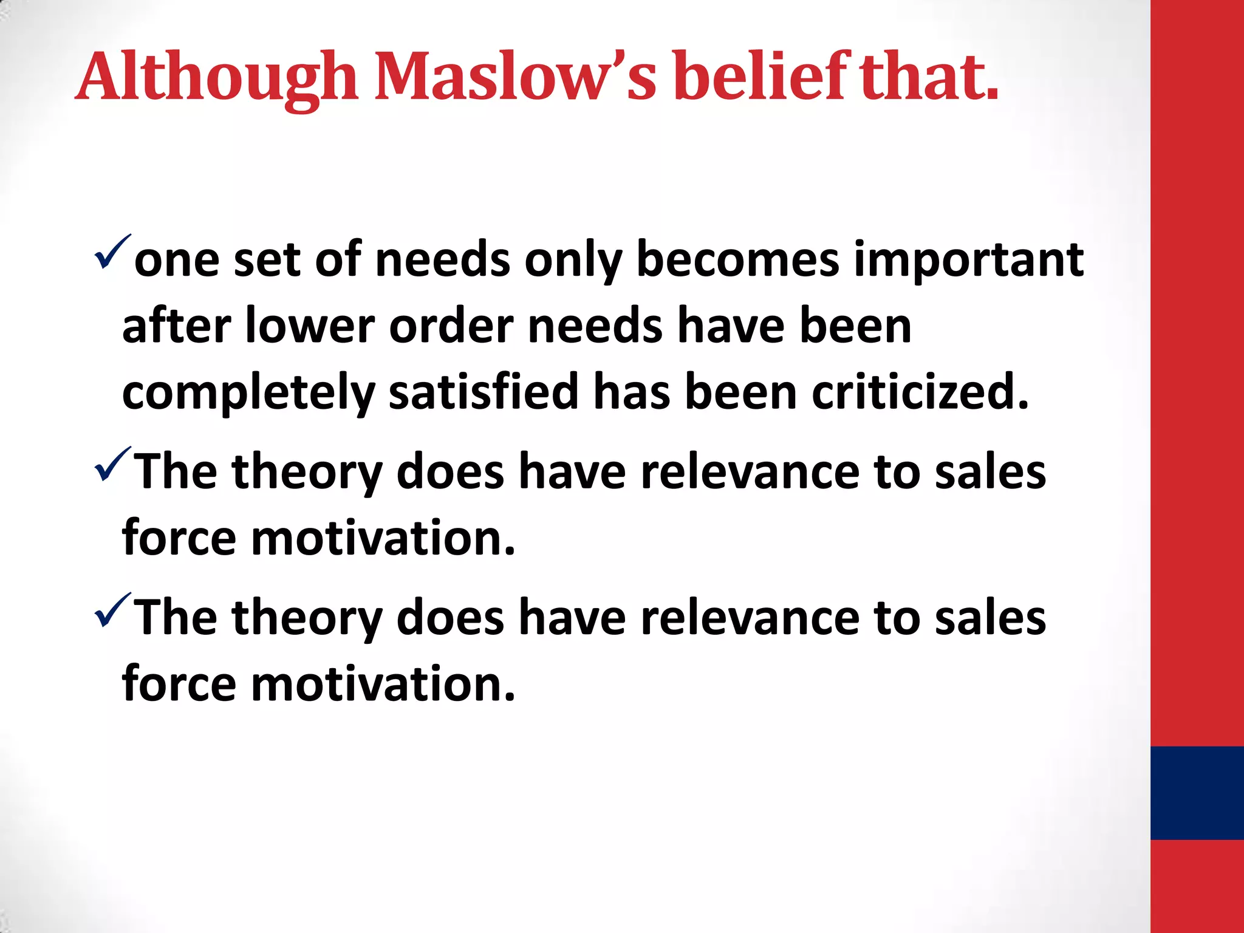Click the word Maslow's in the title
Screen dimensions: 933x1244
click(515, 78)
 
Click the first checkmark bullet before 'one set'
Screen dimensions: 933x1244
click(112, 251)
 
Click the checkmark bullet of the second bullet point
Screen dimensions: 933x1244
click(112, 464)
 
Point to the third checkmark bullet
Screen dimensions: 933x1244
click(112, 610)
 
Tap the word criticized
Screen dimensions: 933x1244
click(920, 392)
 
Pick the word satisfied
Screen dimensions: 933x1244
click(484, 392)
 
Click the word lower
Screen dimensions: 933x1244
click(310, 327)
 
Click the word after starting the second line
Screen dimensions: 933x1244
click(176, 327)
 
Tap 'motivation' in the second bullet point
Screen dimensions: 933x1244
click(383, 538)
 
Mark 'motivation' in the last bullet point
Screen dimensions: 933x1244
click(383, 684)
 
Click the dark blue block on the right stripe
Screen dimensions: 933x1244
click(1197, 793)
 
